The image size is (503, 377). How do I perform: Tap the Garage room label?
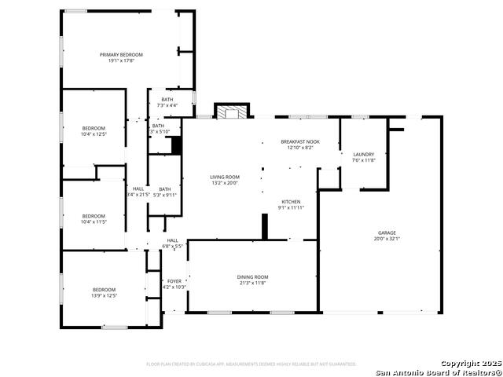pyautogui.click(x=387, y=232)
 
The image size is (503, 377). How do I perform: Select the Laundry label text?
pyautogui.click(x=363, y=155)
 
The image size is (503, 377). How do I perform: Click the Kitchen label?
pyautogui.click(x=291, y=202)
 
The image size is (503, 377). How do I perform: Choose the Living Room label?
pyautogui.click(x=224, y=177)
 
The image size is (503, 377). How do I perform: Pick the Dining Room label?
pyautogui.click(x=253, y=276)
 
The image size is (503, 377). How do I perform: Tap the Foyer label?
pyautogui.click(x=174, y=281)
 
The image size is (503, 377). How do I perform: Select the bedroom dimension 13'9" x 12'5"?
pyautogui.click(x=104, y=296)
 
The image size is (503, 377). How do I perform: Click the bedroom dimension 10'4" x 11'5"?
pyautogui.click(x=94, y=222)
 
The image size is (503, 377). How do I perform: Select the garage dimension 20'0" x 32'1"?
pyautogui.click(x=387, y=238)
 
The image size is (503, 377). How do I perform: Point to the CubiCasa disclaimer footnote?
pyautogui.click(x=251, y=364)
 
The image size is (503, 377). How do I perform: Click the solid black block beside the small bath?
pyautogui.click(x=177, y=145)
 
